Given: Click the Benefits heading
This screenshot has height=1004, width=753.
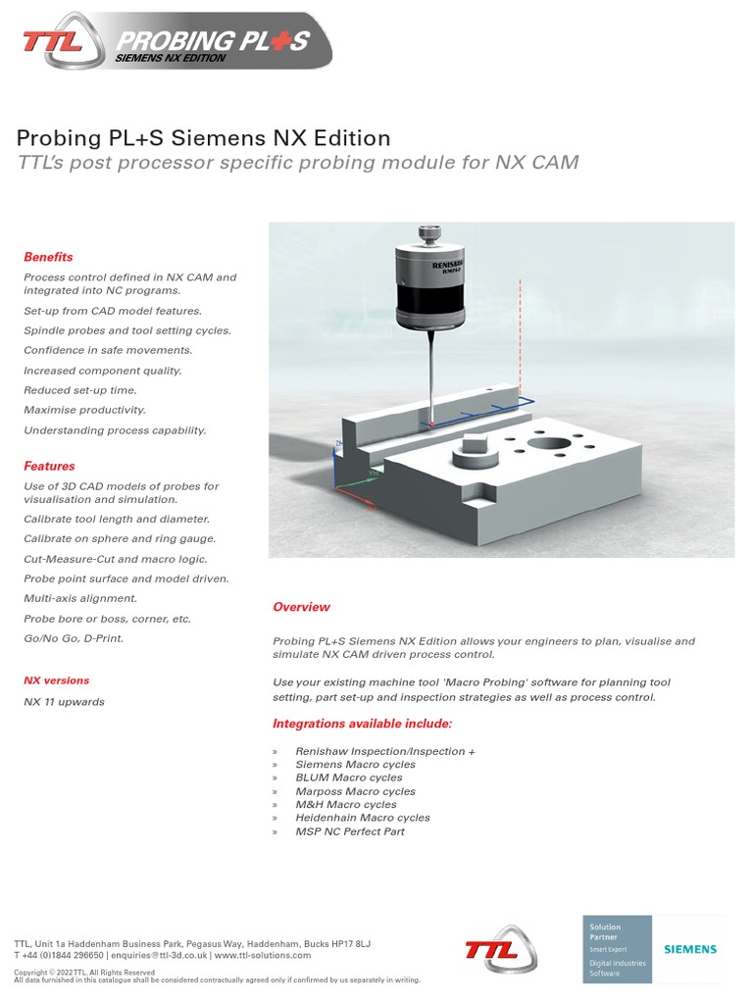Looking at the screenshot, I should [x=48, y=257].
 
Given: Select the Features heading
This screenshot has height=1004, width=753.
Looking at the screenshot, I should [x=49, y=466].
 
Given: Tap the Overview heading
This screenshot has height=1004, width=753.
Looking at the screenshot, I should [x=301, y=607].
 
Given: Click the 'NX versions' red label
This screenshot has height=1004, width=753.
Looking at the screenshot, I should [x=56, y=679].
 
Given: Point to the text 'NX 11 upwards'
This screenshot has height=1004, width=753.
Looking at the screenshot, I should [x=64, y=701].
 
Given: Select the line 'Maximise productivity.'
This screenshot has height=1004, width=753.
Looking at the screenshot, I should [x=84, y=410].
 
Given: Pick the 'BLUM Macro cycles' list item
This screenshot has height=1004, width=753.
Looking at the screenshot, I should [x=348, y=778].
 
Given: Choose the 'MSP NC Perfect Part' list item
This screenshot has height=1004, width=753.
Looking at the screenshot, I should [x=350, y=831].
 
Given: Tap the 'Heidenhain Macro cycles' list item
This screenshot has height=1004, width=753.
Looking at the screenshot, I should [x=363, y=818].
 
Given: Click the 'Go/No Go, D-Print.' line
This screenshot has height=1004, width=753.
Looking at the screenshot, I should [x=74, y=638].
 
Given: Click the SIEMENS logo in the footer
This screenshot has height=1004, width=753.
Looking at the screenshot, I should [x=690, y=949].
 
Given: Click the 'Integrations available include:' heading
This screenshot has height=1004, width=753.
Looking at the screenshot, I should [x=362, y=724].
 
